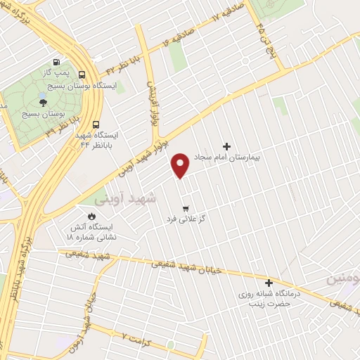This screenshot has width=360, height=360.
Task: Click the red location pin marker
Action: point(181,165)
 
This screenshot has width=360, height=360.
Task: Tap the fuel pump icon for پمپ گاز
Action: point(55,62)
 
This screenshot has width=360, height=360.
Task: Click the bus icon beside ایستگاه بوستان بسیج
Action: point(83,75)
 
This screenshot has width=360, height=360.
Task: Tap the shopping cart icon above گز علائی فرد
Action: point(186,208)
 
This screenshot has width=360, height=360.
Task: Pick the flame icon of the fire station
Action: point(91,216)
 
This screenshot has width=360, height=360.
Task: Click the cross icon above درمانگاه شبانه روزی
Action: point(268,282)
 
